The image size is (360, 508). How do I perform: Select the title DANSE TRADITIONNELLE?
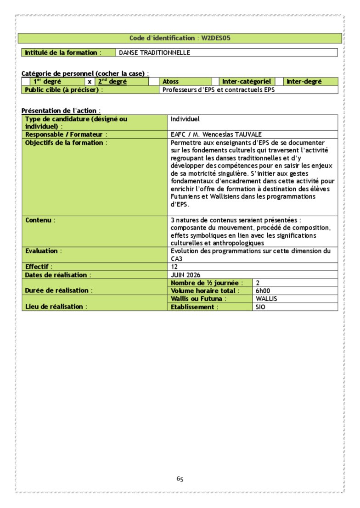point(154,53)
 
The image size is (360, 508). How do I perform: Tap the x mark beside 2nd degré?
point(90,82)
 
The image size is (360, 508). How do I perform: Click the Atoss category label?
point(171,82)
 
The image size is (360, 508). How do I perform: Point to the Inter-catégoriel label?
point(246,82)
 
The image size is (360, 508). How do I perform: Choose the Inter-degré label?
point(304,82)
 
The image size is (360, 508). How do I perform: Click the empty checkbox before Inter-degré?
point(279,82)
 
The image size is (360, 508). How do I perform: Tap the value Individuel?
point(185,119)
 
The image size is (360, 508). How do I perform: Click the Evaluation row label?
point(42,251)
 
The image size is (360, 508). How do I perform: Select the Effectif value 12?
point(174,267)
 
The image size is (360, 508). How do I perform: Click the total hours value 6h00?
point(263,291)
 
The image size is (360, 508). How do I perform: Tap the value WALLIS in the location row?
point(266,299)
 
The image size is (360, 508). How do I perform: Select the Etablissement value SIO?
point(260,307)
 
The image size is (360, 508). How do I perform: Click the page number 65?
point(180,479)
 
